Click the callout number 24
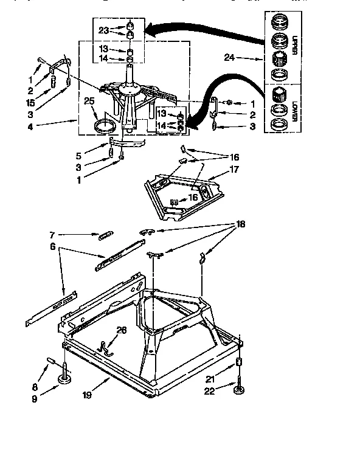[229, 59]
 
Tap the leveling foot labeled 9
[63, 380]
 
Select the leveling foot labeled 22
[237, 389]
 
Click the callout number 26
[122, 330]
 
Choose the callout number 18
[241, 225]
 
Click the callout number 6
[53, 246]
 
